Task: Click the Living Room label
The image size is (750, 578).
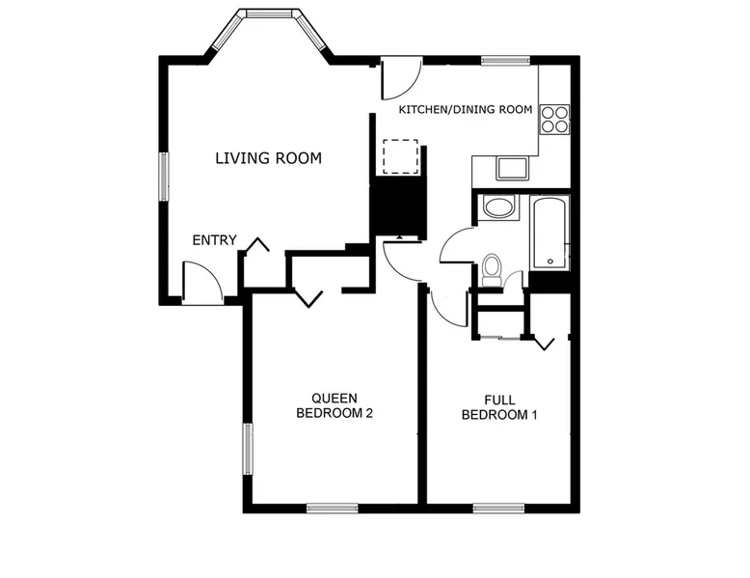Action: (x=268, y=158)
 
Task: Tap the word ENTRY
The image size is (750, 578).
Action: (x=214, y=240)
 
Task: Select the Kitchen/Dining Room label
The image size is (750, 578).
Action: (x=466, y=110)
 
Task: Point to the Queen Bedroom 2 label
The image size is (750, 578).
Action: (x=335, y=405)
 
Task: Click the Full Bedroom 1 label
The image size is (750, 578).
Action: (x=499, y=407)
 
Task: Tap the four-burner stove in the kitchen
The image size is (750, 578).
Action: (x=555, y=120)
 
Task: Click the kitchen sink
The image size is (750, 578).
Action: (x=512, y=168)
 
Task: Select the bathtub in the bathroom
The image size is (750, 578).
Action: (x=549, y=234)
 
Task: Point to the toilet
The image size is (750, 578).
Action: (x=492, y=270)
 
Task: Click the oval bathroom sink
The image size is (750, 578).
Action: (x=498, y=207)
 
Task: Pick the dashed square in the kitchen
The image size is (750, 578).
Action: (x=400, y=157)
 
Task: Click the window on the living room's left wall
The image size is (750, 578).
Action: (x=164, y=177)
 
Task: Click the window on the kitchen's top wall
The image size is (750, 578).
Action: (x=505, y=61)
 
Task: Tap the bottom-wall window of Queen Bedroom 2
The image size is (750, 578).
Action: (x=332, y=509)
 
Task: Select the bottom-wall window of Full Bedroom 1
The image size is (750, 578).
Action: (x=499, y=509)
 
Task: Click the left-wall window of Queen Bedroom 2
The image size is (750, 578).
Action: (x=248, y=449)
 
